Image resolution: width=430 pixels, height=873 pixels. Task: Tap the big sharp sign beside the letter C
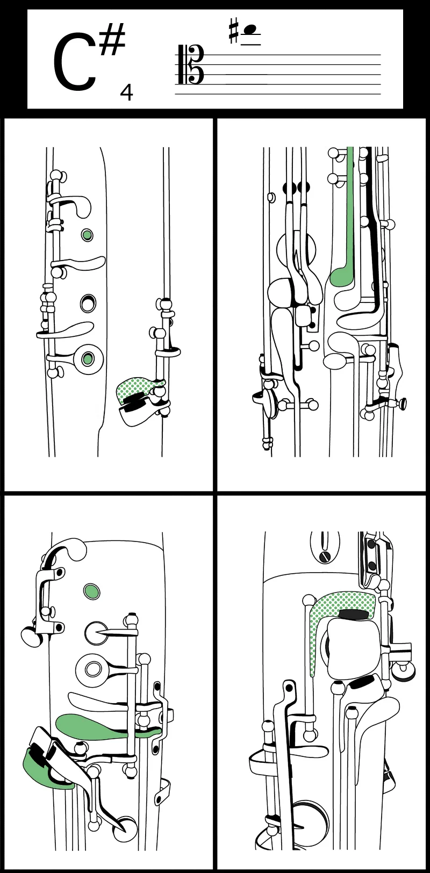click(112, 40)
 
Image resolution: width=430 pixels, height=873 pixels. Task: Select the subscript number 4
click(126, 92)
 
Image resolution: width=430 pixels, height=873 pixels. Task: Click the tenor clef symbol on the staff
click(189, 65)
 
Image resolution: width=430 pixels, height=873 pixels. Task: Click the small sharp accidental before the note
click(233, 31)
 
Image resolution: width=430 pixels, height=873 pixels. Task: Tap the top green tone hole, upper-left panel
click(87, 234)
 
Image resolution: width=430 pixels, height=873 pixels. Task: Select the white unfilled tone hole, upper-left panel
click(88, 303)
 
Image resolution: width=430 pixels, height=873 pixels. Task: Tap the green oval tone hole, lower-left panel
click(92, 591)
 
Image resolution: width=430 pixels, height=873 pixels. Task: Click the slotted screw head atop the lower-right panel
click(324, 556)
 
